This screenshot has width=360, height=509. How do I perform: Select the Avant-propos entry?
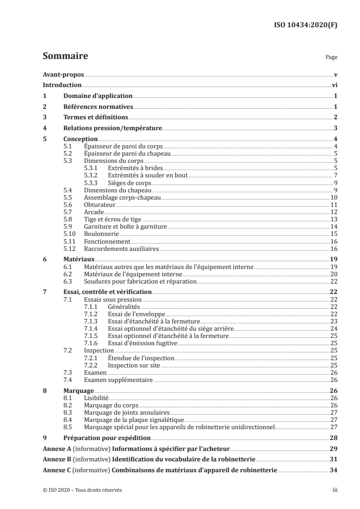(63, 74)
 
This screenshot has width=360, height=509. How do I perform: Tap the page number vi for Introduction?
(334, 85)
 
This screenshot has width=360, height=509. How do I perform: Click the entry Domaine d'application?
(98, 96)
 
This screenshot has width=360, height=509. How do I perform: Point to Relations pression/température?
(113, 128)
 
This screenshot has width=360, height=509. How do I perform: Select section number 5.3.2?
(93, 175)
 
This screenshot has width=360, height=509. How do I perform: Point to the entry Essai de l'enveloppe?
(136, 314)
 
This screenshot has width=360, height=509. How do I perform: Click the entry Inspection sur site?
(133, 365)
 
